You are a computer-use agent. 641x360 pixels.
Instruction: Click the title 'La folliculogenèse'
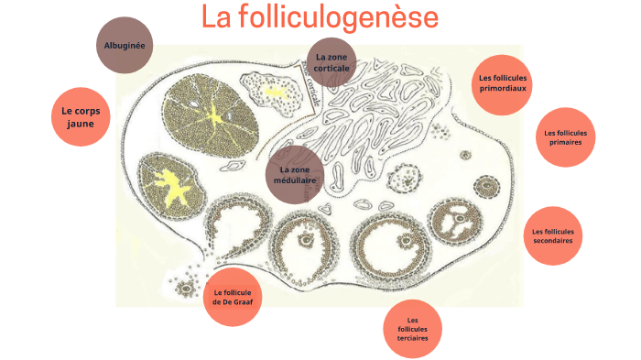(320, 16)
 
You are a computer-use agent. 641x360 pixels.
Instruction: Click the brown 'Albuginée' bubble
(125, 45)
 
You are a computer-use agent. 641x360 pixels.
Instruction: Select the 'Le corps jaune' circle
(80, 117)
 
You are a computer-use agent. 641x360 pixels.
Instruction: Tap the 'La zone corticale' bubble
(331, 62)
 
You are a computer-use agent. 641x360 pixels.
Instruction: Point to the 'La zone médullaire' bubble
(295, 175)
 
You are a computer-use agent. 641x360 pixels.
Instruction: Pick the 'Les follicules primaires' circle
(564, 137)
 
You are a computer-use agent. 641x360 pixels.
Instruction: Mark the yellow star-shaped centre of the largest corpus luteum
(214, 115)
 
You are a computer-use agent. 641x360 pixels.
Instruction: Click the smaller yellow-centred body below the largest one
(170, 183)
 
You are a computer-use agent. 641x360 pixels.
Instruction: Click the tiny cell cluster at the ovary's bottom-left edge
(187, 285)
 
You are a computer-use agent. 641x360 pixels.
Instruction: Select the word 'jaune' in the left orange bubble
(80, 125)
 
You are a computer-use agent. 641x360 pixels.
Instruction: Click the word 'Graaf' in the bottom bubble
(248, 301)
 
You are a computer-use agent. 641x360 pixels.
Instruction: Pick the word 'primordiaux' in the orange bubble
(504, 89)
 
